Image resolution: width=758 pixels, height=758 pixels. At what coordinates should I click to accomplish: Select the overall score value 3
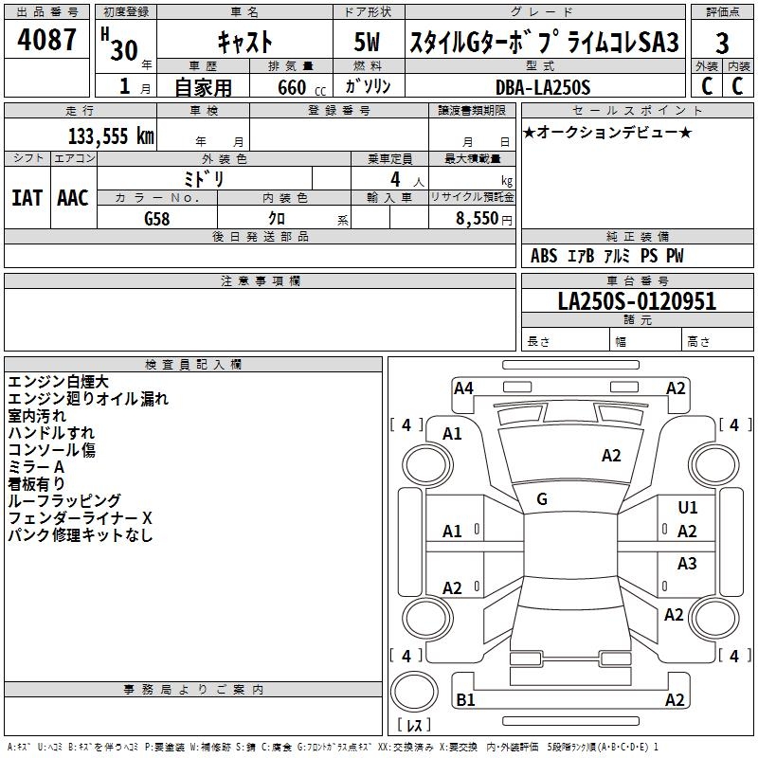(x=722, y=44)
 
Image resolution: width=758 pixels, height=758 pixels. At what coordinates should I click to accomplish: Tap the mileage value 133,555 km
(x=111, y=135)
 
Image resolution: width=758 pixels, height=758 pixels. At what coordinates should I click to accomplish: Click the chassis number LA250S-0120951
(x=637, y=302)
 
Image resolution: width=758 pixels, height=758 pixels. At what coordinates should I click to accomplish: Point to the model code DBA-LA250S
(x=542, y=87)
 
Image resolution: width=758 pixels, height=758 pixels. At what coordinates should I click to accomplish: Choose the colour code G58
(x=158, y=218)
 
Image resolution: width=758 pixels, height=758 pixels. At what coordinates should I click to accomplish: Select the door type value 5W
(x=369, y=43)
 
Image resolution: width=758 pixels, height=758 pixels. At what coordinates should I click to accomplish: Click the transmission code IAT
(x=27, y=198)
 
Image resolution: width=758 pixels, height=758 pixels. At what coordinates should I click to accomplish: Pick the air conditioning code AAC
(x=73, y=198)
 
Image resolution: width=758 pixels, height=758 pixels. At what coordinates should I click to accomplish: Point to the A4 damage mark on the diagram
(x=463, y=388)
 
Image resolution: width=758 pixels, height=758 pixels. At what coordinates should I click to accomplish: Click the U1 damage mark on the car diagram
(x=688, y=508)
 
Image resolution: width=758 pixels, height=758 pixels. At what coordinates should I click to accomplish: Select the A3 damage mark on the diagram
(x=687, y=564)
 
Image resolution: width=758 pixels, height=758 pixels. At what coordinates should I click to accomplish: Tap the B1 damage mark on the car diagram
(x=465, y=700)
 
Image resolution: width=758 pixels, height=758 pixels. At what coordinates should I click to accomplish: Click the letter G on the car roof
(x=542, y=499)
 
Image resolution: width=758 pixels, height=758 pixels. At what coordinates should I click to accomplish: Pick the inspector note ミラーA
(x=36, y=467)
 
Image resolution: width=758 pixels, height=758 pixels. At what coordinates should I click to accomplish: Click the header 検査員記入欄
(x=193, y=364)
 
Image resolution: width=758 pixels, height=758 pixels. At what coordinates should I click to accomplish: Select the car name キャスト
(x=244, y=43)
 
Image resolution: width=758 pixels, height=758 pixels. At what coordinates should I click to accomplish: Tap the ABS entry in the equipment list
(x=544, y=256)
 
